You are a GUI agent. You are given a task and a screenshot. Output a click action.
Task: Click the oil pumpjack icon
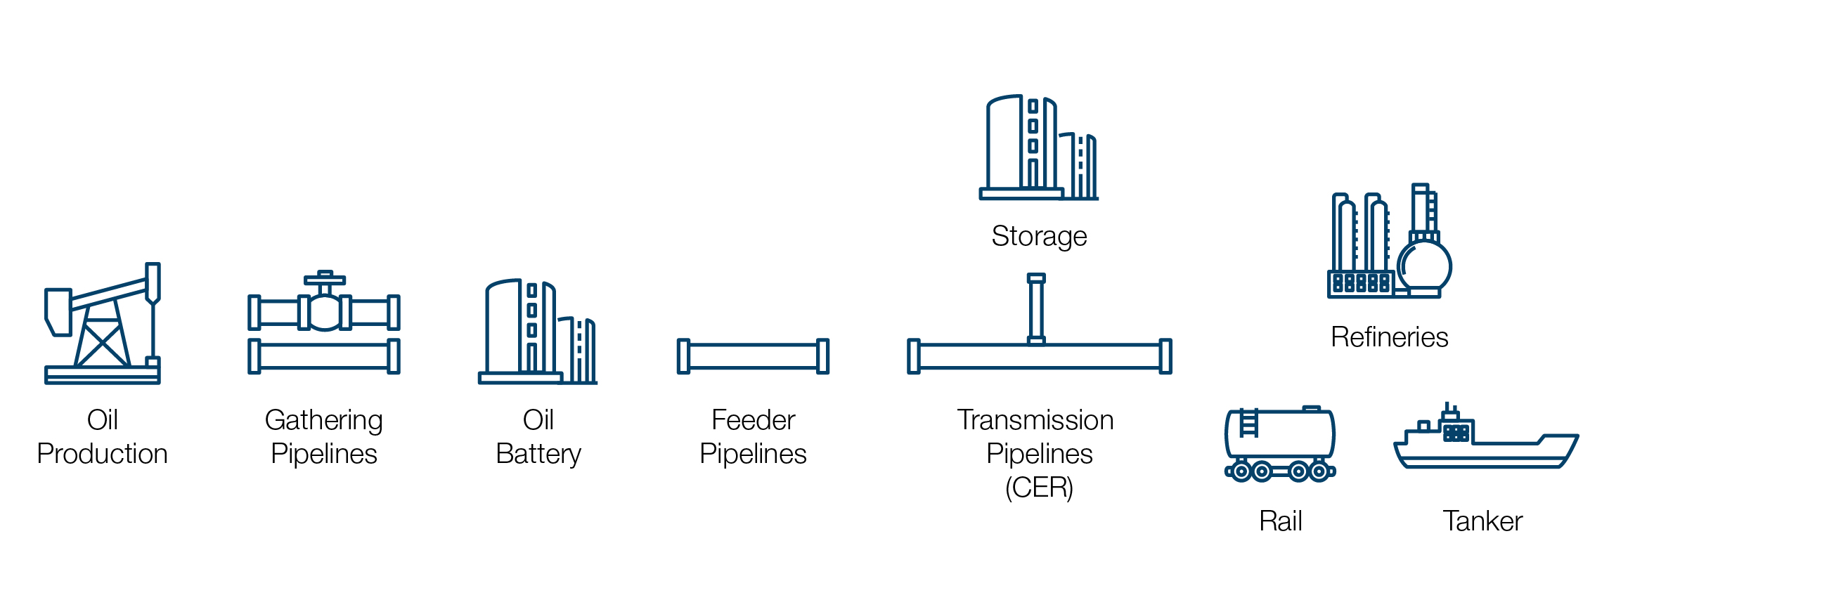click(x=103, y=325)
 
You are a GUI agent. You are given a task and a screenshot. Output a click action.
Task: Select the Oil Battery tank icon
click(x=538, y=332)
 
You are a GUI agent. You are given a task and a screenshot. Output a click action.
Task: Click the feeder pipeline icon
click(x=753, y=356)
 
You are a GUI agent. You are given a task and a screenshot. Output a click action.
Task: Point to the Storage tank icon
click(x=1038, y=148)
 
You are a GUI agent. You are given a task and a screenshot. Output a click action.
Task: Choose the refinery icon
click(x=1388, y=244)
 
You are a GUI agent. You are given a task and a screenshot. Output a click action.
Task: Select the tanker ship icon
click(x=1485, y=442)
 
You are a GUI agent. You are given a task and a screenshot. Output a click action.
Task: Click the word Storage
click(x=1038, y=236)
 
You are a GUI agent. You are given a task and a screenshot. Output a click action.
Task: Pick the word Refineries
click(x=1389, y=337)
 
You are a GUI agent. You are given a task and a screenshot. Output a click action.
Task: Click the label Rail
click(x=1280, y=521)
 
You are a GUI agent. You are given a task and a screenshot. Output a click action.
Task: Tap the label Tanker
click(x=1482, y=521)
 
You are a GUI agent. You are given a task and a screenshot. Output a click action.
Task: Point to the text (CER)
click(x=1038, y=488)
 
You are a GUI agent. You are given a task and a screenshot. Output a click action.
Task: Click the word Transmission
click(x=1035, y=420)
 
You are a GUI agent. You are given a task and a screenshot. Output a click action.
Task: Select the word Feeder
click(x=753, y=420)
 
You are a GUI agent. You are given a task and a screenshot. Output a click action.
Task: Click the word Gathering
click(x=324, y=420)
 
